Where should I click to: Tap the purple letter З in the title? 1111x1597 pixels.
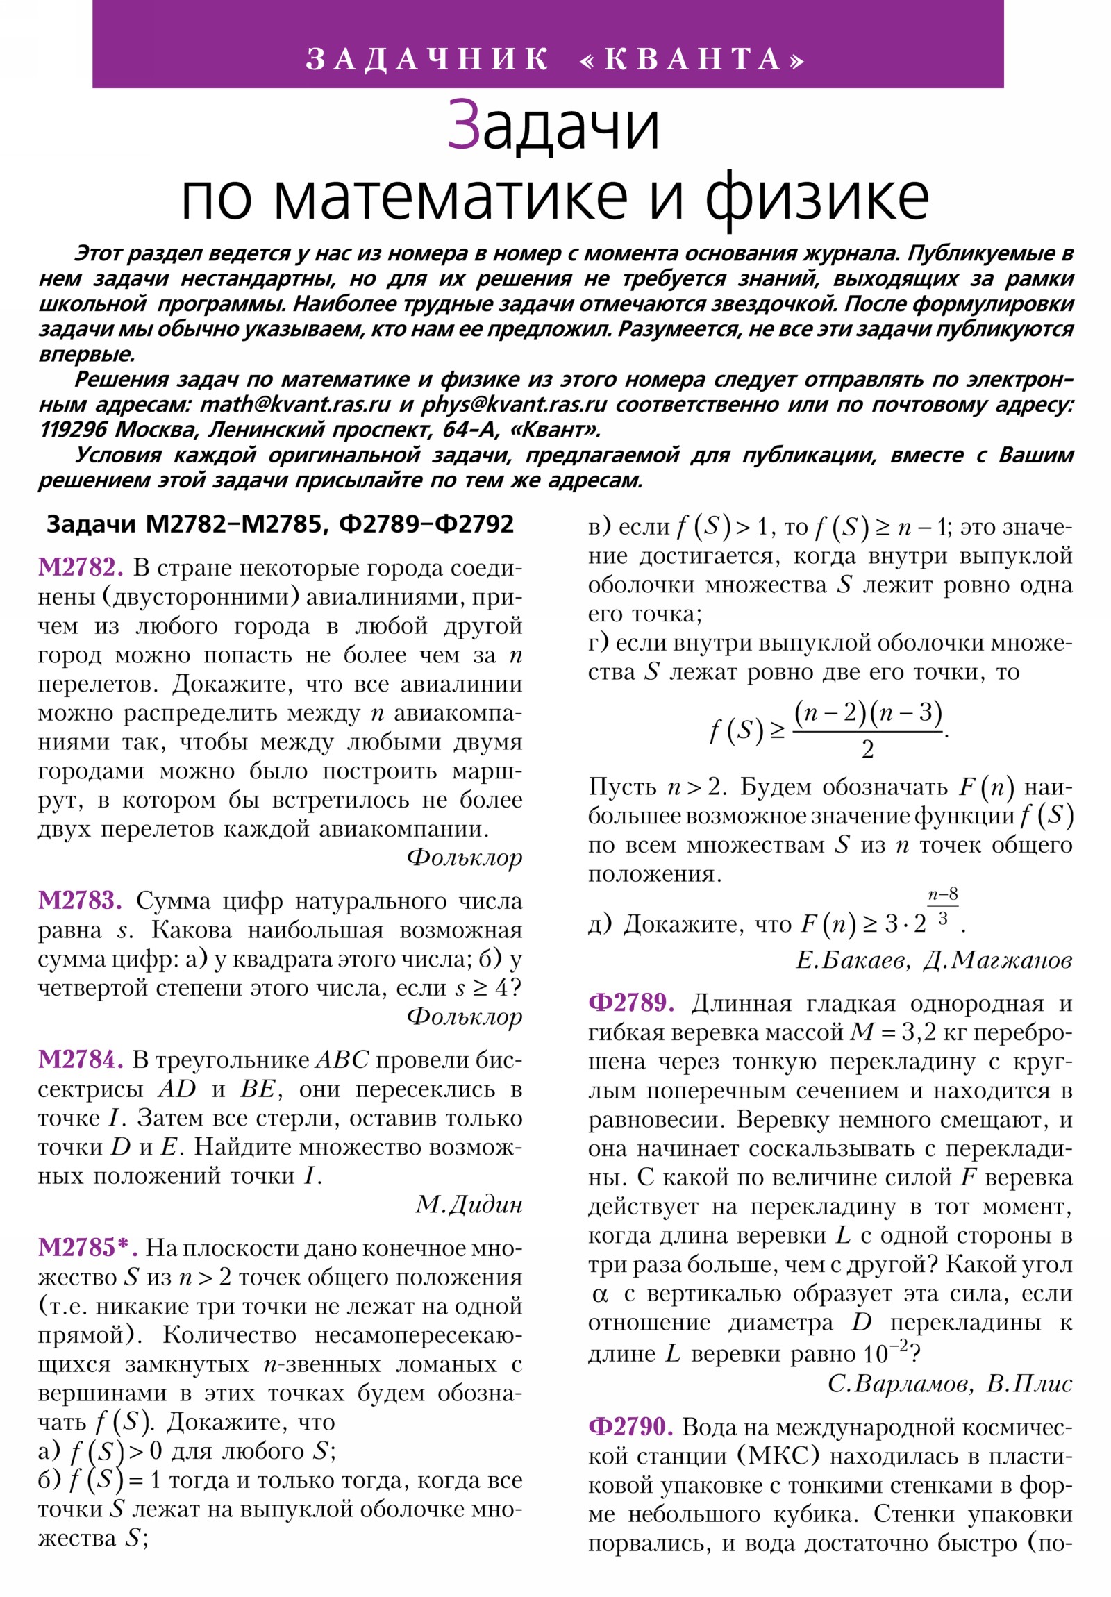[x=463, y=125]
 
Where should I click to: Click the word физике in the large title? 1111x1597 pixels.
[x=817, y=197]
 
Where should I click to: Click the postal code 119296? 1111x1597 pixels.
[x=73, y=429]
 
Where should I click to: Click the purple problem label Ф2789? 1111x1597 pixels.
[x=631, y=1003]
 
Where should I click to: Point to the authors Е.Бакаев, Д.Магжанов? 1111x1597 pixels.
[x=934, y=960]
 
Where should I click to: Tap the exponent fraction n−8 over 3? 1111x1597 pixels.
[x=943, y=907]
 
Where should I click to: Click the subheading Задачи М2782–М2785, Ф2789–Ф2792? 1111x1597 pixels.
[x=280, y=524]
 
